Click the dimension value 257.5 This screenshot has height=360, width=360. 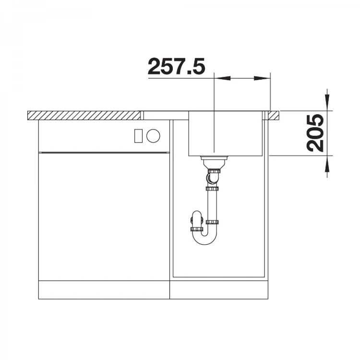[176, 66]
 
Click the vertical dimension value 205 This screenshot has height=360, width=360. [315, 133]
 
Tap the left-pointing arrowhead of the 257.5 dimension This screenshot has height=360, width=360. [222, 79]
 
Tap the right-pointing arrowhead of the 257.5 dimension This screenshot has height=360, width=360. [262, 79]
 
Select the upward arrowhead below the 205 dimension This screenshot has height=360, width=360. [327, 164]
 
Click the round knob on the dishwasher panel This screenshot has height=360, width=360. [153, 136]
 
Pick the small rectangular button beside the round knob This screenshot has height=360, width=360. [139, 136]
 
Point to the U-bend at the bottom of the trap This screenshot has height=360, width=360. [205, 238]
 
